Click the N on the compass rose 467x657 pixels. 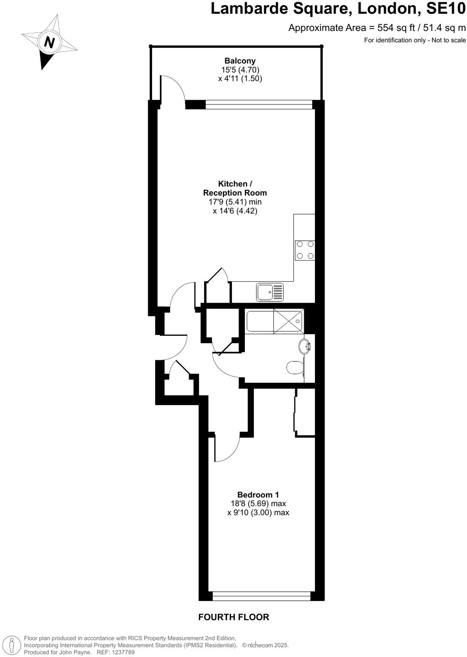(x=50, y=42)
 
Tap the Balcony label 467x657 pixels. (x=240, y=61)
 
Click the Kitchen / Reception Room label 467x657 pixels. (x=235, y=188)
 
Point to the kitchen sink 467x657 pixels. (x=270, y=292)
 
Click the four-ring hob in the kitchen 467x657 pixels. (x=305, y=250)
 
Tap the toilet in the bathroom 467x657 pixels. (x=295, y=367)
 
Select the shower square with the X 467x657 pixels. (x=288, y=321)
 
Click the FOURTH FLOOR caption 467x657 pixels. (x=234, y=617)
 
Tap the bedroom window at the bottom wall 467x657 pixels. (x=261, y=596)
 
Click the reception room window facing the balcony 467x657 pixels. (x=259, y=104)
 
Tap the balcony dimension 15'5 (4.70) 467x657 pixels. (x=240, y=70)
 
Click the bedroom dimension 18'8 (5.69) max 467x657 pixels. (x=258, y=503)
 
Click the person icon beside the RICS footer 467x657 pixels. (x=12, y=645)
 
